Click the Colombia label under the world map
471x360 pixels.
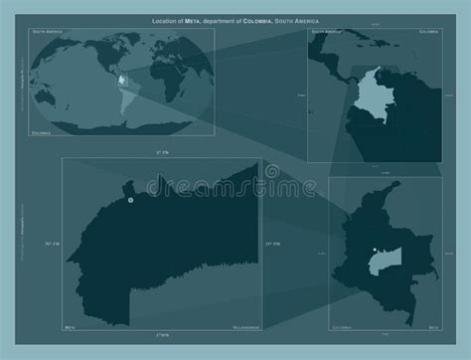pos(41,130)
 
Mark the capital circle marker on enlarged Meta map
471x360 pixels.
pos(130,199)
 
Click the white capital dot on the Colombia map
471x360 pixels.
pos(371,250)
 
